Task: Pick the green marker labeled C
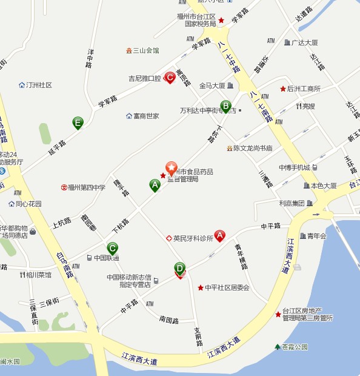click(112, 248)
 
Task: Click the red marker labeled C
click(170, 78)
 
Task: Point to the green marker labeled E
click(78, 123)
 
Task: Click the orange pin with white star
click(172, 168)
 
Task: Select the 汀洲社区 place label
click(40, 86)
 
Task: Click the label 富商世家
click(146, 116)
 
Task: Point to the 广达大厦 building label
click(305, 42)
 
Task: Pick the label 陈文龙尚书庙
click(253, 148)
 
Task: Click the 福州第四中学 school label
click(87, 187)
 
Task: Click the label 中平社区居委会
click(227, 287)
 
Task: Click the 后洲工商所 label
click(304, 89)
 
